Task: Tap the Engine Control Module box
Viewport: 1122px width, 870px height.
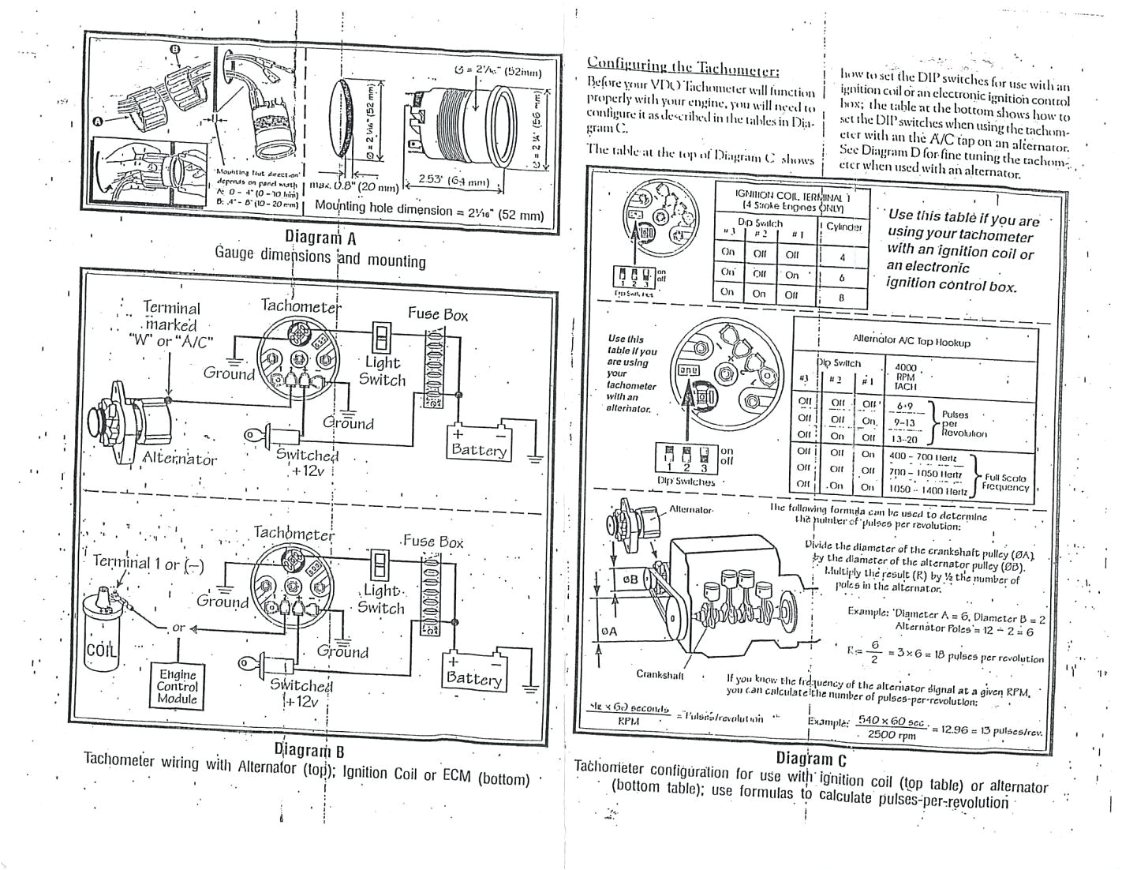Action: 177,686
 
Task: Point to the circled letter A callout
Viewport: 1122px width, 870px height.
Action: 98,121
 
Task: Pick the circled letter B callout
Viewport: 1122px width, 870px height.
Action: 175,49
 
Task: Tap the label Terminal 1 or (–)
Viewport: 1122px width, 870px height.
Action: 148,563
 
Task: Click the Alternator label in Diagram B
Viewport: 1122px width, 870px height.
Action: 179,459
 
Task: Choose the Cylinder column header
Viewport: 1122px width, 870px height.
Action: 843,227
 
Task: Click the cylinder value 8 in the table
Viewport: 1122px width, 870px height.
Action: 842,298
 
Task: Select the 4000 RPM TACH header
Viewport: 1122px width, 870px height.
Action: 905,377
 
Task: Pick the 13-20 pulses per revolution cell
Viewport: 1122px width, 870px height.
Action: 904,439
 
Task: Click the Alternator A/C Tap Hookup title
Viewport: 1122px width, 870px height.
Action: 911,343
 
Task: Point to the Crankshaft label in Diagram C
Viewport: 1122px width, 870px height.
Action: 660,674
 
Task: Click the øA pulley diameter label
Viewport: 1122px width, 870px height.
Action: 609,632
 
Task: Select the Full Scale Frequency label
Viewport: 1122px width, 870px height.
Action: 1005,482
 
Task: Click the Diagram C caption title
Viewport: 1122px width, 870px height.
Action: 810,759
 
